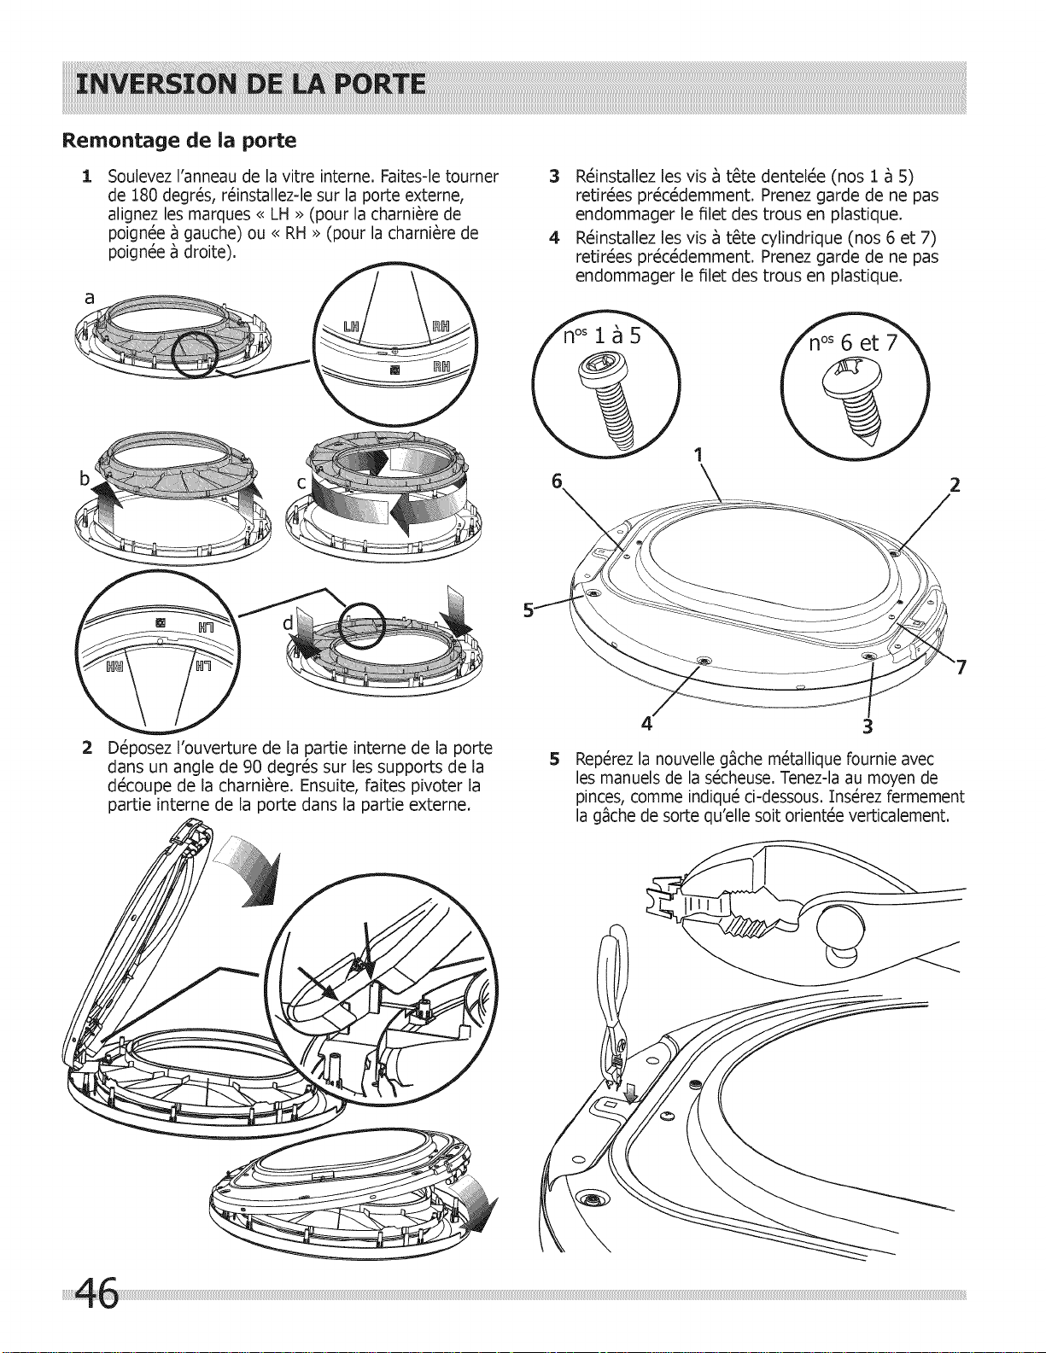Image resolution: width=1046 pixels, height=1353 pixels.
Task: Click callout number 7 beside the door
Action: pyautogui.click(x=960, y=668)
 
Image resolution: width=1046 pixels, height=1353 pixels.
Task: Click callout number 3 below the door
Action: pyautogui.click(x=868, y=727)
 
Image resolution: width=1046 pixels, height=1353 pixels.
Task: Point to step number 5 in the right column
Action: pyautogui.click(x=555, y=759)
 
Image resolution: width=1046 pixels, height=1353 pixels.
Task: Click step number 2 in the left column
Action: pyautogui.click(x=87, y=749)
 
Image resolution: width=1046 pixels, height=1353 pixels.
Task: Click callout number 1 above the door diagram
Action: pyautogui.click(x=699, y=454)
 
